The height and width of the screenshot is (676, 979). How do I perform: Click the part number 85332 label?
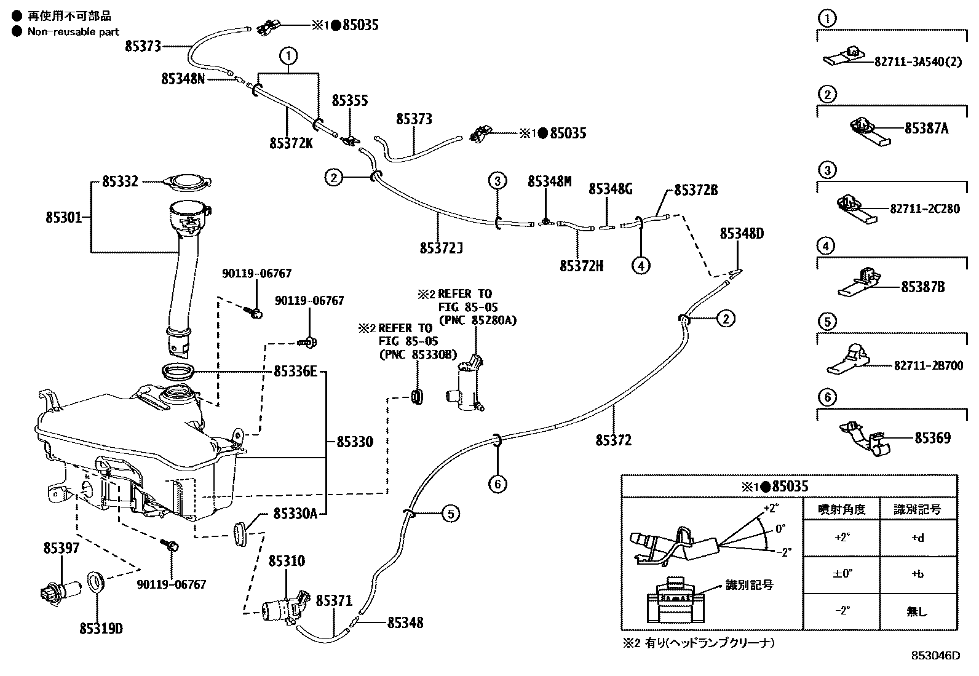click(120, 181)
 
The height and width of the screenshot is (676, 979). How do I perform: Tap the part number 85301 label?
click(64, 217)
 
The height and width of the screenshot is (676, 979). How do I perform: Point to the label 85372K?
click(291, 143)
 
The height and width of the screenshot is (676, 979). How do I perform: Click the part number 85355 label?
click(350, 100)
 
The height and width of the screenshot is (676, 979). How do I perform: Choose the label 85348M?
click(549, 181)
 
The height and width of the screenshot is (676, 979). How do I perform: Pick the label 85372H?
click(581, 266)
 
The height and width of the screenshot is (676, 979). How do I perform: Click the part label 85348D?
click(742, 234)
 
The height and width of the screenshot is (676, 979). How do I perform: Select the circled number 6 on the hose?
click(497, 484)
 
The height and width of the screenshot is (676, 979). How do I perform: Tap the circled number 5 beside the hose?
click(451, 514)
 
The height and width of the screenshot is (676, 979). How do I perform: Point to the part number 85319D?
click(101, 629)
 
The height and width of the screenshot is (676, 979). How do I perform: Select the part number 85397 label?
click(61, 548)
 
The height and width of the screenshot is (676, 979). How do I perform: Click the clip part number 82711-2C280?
click(925, 209)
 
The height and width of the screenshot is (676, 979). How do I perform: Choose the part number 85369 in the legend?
click(933, 438)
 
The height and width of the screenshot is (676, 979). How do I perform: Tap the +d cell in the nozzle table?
click(918, 538)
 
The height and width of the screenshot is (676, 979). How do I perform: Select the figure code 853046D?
click(935, 656)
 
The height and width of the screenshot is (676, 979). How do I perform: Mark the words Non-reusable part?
click(73, 31)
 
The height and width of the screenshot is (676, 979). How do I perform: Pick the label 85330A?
click(295, 514)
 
